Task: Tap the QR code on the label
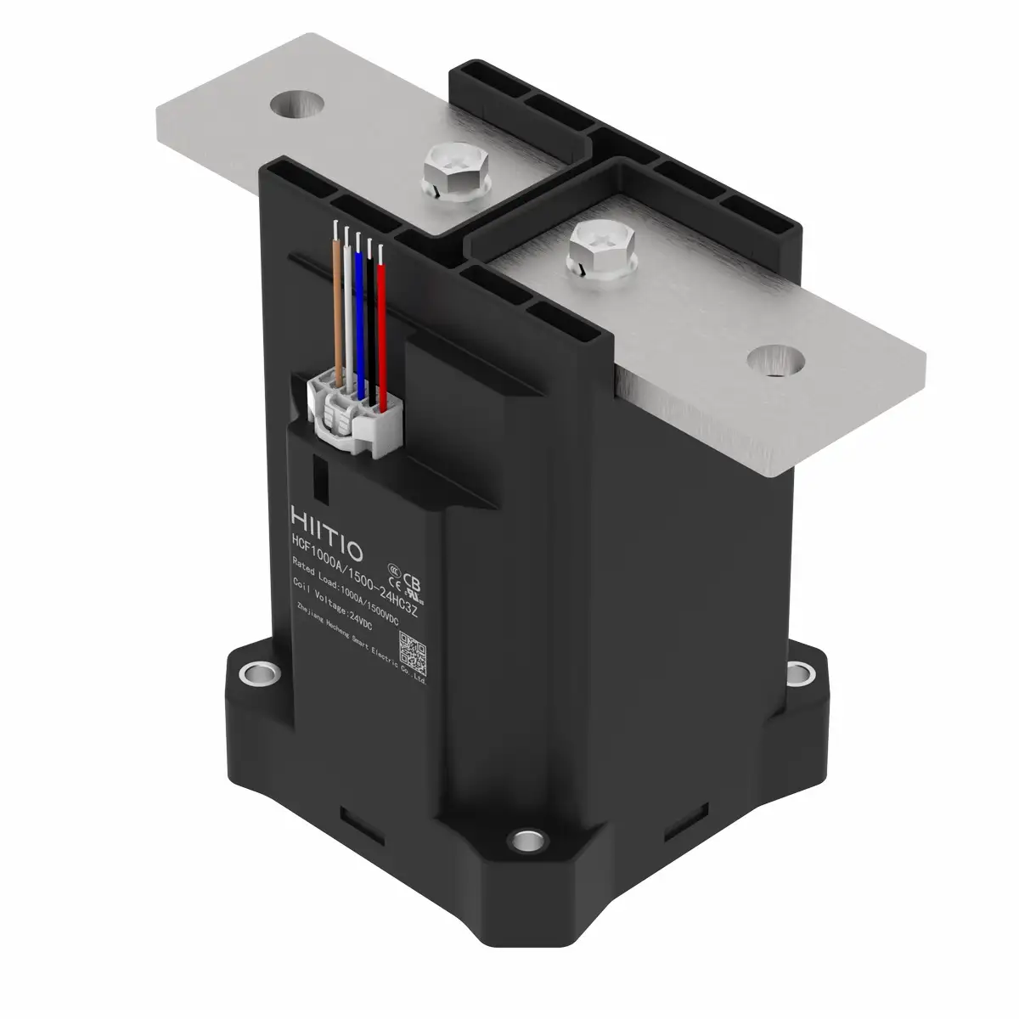tap(412, 650)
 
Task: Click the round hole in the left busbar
tap(297, 104)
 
